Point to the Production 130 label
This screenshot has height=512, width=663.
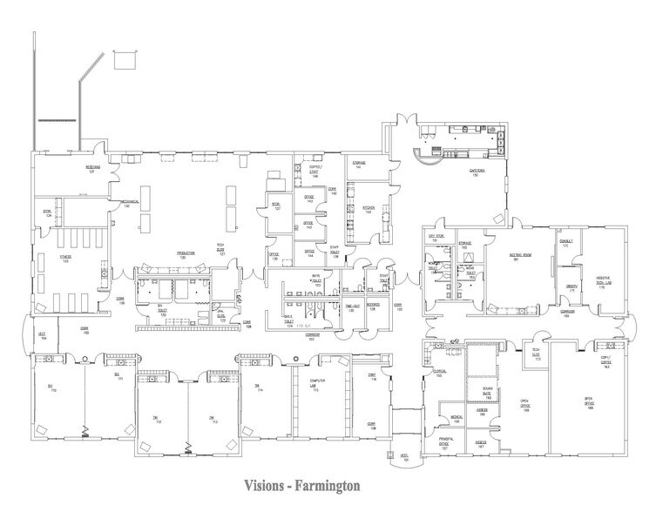coord(184,255)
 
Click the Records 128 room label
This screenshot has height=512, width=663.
coord(373,306)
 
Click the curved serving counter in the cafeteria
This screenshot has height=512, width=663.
coord(426,157)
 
